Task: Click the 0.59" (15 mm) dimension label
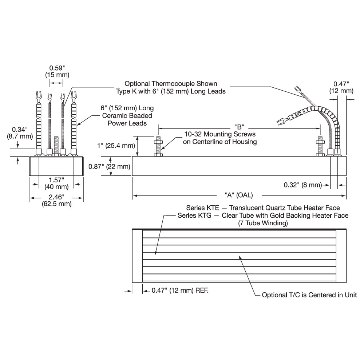(55, 71)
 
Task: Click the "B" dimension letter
(238, 127)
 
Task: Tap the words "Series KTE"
(202, 208)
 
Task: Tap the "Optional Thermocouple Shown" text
(171, 84)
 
